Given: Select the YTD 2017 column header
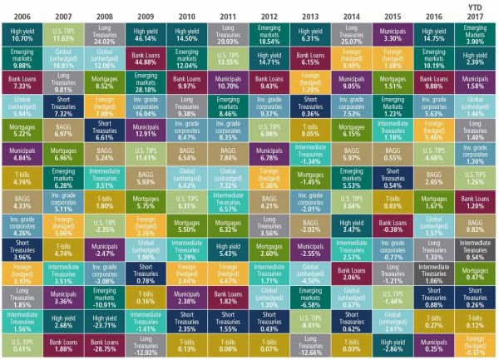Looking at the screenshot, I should point(473,12).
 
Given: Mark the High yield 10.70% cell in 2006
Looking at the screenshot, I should point(22,34).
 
